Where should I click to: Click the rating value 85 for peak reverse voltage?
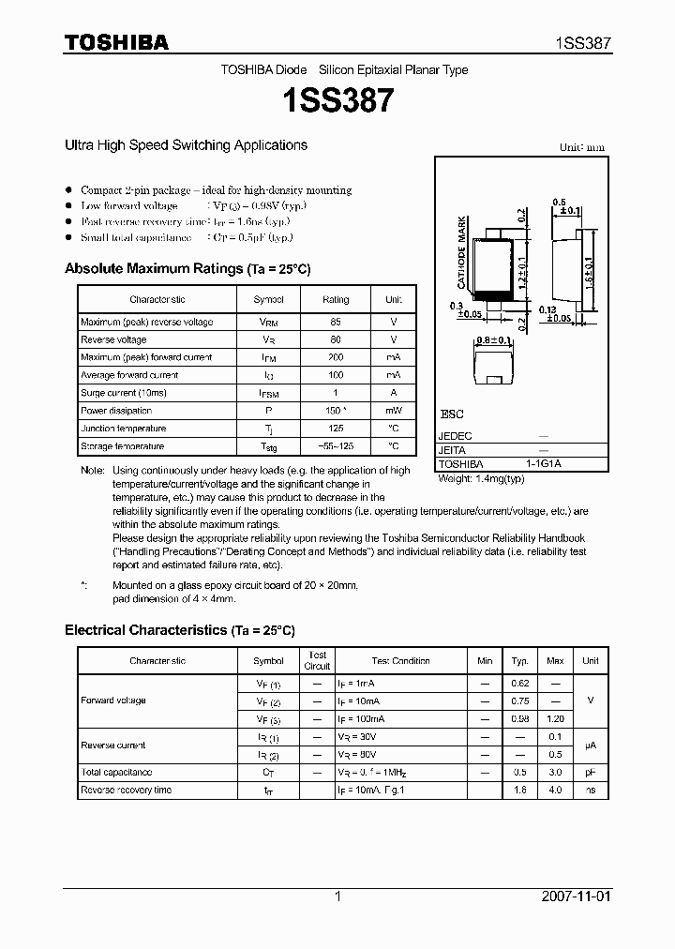click(x=335, y=322)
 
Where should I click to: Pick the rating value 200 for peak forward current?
click(x=335, y=357)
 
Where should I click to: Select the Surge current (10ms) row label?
click(x=123, y=393)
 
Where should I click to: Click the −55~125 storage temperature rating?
click(x=335, y=446)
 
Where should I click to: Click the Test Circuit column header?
click(x=318, y=660)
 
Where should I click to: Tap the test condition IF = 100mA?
click(x=361, y=719)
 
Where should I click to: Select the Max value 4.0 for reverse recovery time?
click(x=554, y=790)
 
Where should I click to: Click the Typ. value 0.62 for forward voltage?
click(x=519, y=684)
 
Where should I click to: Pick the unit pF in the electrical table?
click(x=590, y=772)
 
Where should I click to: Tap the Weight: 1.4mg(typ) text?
click(x=482, y=478)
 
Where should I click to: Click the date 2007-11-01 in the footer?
click(x=575, y=896)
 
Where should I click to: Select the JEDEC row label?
click(x=456, y=436)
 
